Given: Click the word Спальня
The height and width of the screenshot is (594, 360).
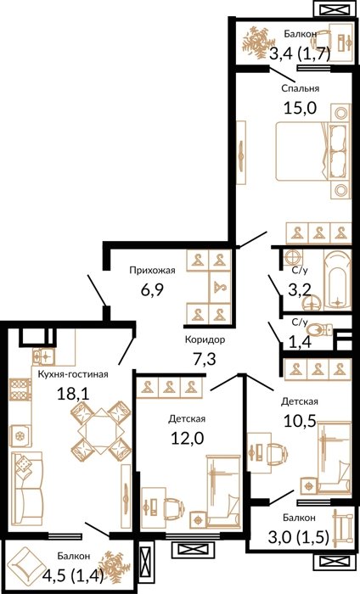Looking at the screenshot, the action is tap(300, 88).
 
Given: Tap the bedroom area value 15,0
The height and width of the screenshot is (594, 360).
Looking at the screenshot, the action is tap(300, 108).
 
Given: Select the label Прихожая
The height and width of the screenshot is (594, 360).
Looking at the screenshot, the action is tap(152, 270).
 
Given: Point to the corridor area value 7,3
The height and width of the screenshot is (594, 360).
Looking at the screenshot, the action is tap(205, 359).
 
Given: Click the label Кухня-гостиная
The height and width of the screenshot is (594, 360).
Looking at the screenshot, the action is tap(73, 374).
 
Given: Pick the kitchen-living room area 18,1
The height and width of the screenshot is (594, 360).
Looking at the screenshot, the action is tap(73, 394).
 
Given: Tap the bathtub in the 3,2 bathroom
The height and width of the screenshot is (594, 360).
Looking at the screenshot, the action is tap(337, 280).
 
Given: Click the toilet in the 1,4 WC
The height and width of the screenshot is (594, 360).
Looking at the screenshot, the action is tap(319, 329).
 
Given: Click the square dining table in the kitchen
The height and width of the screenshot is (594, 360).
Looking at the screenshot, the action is tap(101, 431).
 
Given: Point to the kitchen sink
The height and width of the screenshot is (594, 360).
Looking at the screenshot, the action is tap(43, 356).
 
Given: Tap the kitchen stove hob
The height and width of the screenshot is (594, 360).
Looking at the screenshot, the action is tap(20, 389).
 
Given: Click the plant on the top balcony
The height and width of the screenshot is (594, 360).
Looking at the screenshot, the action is tap(258, 42).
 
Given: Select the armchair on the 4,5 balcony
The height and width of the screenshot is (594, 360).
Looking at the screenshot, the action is tap(25, 565).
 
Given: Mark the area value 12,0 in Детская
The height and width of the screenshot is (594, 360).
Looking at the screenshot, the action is tap(187, 439).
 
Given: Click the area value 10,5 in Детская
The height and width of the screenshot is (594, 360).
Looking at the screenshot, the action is tap(300, 421).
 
